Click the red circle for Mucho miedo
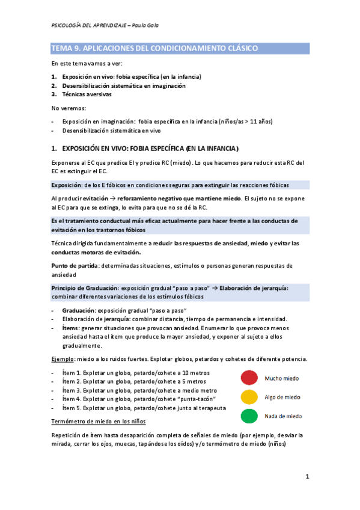(x=249, y=377)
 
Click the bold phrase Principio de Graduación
(x=84, y=288)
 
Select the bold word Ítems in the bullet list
(x=72, y=328)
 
